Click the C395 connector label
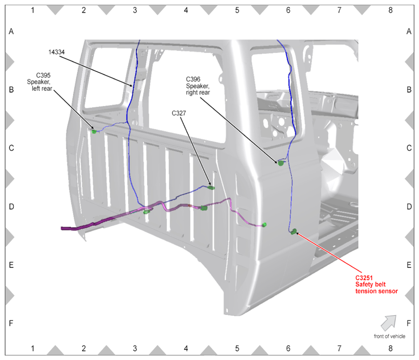click(x=43, y=76)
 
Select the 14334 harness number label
click(x=56, y=52)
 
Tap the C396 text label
click(x=193, y=79)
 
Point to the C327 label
click(x=179, y=113)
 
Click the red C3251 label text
click(x=364, y=278)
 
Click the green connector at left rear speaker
click(x=94, y=131)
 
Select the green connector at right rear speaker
click(x=280, y=163)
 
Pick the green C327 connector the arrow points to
click(x=211, y=188)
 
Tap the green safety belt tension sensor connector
click(x=294, y=231)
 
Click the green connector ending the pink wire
click(x=264, y=225)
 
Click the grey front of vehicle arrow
click(x=389, y=323)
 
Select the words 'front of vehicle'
click(x=389, y=336)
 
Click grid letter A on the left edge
click(x=11, y=32)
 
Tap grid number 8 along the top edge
click(x=390, y=10)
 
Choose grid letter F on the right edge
click(x=409, y=323)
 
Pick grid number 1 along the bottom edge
click(x=33, y=349)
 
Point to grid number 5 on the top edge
click(x=237, y=10)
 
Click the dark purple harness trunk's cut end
click(x=62, y=228)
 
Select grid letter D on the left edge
click(x=11, y=206)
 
